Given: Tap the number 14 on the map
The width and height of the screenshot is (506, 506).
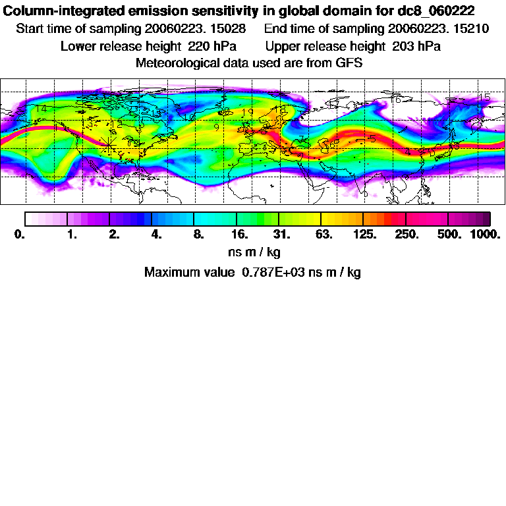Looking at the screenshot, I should [41, 109].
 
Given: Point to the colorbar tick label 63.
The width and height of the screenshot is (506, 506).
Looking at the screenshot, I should [323, 235].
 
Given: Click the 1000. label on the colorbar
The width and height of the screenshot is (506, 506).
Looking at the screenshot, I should [485, 235].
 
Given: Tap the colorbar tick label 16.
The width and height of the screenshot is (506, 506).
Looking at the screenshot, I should [240, 235].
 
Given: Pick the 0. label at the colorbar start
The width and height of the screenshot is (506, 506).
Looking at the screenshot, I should [19, 235].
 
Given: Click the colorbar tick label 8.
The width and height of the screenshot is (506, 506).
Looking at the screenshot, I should [198, 235].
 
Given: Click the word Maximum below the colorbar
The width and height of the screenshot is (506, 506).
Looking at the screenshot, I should [167, 272].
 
